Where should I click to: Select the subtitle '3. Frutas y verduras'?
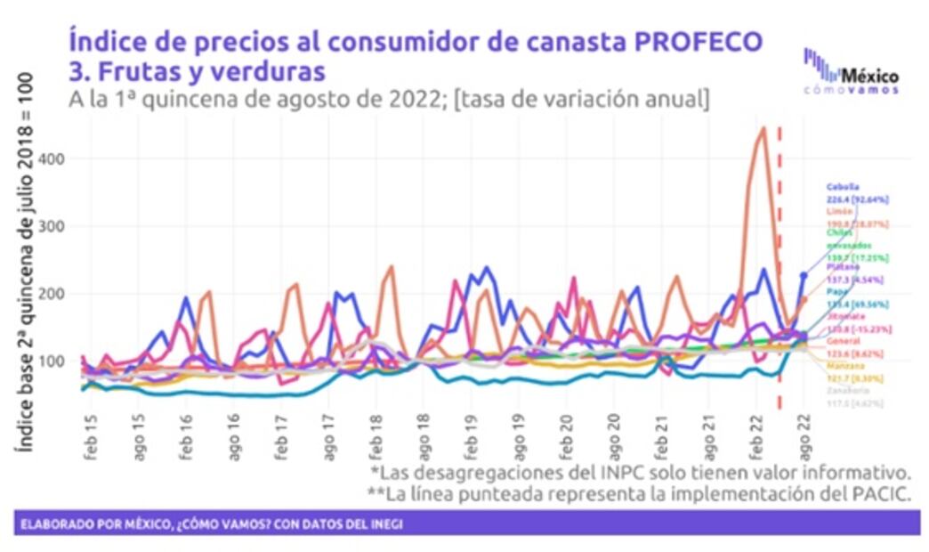pyautogui.click(x=197, y=70)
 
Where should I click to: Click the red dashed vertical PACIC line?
pyautogui.click(x=780, y=267)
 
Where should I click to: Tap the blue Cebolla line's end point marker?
pyautogui.click(x=804, y=276)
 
